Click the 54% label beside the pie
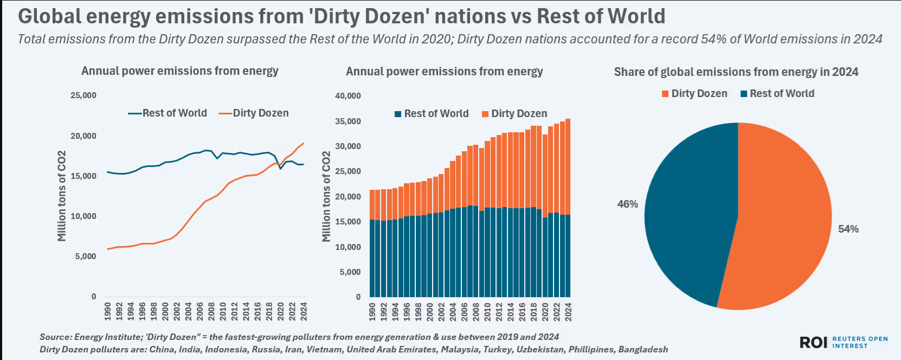[848, 229]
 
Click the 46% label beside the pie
[627, 204]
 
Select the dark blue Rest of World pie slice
[688, 217]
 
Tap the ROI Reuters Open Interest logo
[843, 342]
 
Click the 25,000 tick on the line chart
[83, 95]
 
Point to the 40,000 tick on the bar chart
[347, 96]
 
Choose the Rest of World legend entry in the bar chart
[432, 114]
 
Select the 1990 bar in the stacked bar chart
[372, 244]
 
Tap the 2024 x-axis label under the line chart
[304, 311]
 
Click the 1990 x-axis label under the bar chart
[372, 312]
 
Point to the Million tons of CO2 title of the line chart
[62, 196]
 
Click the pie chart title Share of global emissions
[736, 72]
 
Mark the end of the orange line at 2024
[304, 143]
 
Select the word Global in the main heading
[49, 16]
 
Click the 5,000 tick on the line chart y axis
[86, 256]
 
